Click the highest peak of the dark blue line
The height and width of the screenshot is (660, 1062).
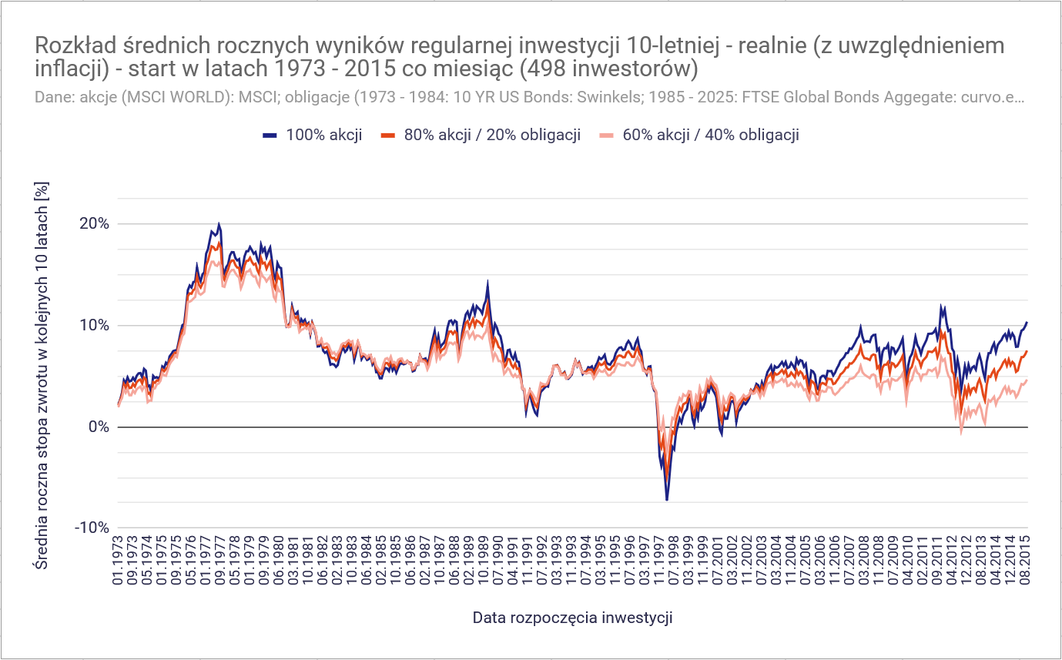(219, 224)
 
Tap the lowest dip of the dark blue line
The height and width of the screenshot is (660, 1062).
(667, 500)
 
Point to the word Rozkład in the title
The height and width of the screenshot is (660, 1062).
(70, 46)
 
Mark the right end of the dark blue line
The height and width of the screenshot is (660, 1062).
(1027, 323)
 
